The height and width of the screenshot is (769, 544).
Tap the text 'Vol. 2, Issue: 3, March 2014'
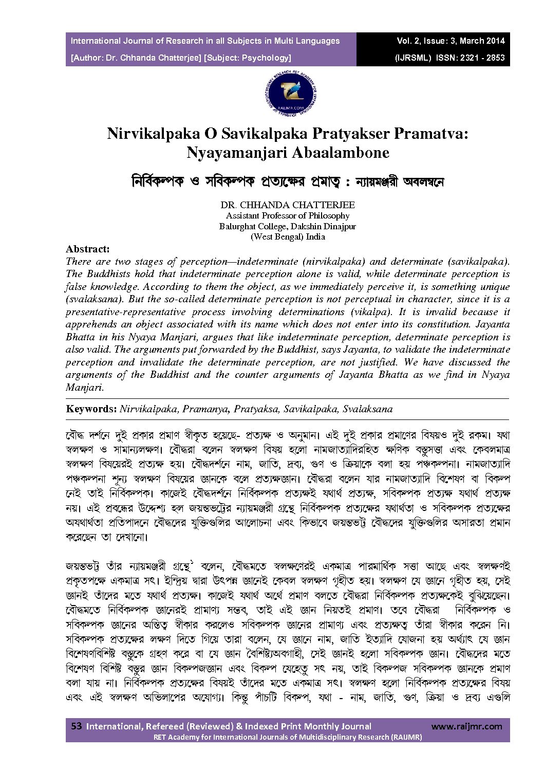[x=451, y=41]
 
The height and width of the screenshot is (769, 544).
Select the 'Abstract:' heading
[x=88, y=249]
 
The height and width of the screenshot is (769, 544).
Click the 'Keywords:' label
[x=91, y=409]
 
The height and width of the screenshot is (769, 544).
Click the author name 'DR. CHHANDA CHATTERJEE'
[x=288, y=205]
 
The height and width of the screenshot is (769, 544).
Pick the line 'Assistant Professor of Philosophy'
[x=288, y=216]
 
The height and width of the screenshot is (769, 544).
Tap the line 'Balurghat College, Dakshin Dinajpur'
[x=288, y=226]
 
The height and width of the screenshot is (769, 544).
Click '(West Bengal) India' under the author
[x=288, y=237]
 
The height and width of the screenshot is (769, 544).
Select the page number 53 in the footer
[x=77, y=726]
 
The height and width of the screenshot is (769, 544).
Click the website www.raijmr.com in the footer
[x=466, y=726]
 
